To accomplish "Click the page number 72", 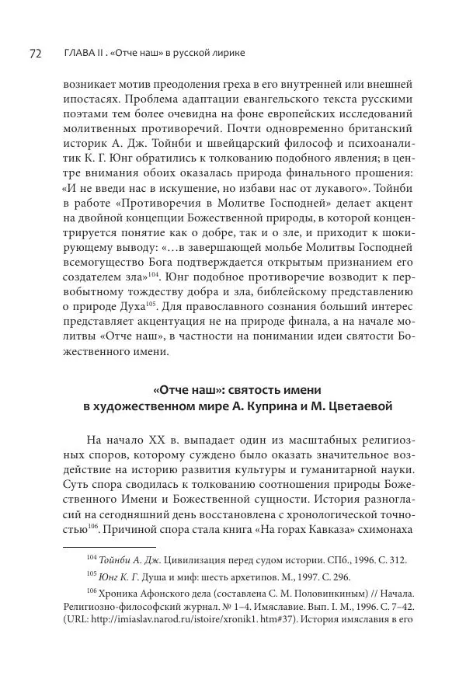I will click(x=35, y=53).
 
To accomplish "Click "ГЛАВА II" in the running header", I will click(x=81, y=54).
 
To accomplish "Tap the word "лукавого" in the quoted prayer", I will click(x=367, y=186).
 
